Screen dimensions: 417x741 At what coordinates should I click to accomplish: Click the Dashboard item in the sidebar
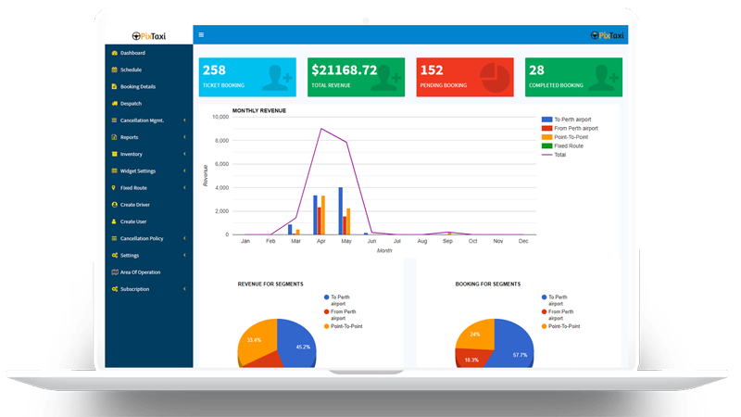[132, 53]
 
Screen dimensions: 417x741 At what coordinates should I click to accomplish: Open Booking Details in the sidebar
[137, 86]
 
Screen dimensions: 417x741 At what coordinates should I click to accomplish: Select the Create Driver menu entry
[134, 204]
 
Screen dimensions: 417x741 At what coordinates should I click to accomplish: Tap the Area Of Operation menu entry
[140, 272]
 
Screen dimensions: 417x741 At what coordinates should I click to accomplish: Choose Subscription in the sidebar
[134, 289]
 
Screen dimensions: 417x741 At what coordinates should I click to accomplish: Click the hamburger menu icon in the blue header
[202, 35]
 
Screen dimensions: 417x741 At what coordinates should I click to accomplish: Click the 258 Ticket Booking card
[247, 77]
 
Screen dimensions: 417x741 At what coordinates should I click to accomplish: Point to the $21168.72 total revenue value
[345, 69]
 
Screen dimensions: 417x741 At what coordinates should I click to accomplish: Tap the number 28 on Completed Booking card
[536, 69]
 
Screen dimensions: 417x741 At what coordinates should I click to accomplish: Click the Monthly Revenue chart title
[258, 110]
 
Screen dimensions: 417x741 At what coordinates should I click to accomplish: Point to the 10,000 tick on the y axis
[220, 117]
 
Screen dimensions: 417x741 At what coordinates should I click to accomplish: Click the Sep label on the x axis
[448, 241]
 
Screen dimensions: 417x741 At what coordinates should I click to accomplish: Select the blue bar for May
[341, 211]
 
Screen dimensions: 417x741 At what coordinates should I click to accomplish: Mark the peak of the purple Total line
[321, 129]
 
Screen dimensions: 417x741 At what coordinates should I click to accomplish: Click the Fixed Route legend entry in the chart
[568, 145]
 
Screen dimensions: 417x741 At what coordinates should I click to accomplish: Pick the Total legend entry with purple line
[559, 155]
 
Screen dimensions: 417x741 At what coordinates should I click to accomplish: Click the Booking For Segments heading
[487, 284]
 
